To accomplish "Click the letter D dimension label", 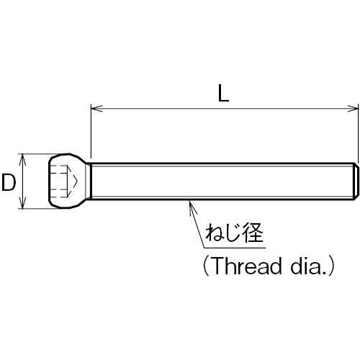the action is coord(9,183).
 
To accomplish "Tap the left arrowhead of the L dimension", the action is coord(96,109).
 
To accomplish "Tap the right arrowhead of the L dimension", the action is coord(352,109).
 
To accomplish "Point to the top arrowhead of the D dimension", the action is coord(22,159).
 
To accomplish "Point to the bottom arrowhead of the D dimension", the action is coord(22,203).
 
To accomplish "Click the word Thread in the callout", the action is coord(248,266).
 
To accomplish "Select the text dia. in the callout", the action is coord(309,266).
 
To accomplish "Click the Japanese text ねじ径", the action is coord(235,233).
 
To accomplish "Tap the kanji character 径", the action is coord(253,233).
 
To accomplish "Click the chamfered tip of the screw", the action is coord(356,181).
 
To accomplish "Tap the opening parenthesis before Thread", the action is coord(206,266).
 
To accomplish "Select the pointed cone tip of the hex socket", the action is coord(73,181).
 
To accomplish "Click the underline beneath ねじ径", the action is coord(235,248).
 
